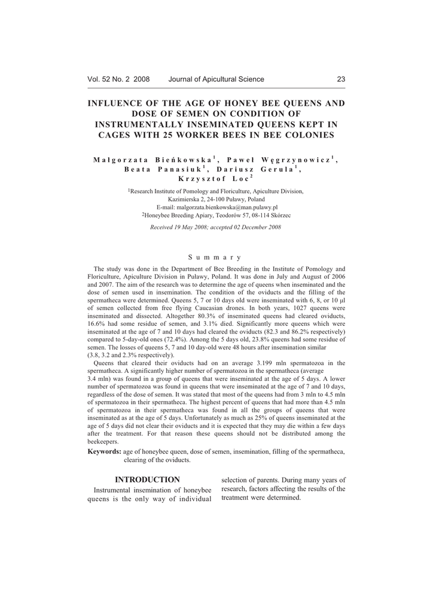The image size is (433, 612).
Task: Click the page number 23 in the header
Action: [341, 79]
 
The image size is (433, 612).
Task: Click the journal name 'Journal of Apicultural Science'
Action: [216, 79]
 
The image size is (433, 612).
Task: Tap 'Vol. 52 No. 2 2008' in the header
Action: [118, 79]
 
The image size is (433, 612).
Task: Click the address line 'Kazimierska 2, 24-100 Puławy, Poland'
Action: [216, 198]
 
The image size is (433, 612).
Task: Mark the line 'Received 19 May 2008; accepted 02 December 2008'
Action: [216, 227]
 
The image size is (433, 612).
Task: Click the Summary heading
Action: [216, 258]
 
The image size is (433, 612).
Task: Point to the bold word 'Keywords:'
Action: [104, 452]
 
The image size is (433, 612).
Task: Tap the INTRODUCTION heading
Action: [147, 479]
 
